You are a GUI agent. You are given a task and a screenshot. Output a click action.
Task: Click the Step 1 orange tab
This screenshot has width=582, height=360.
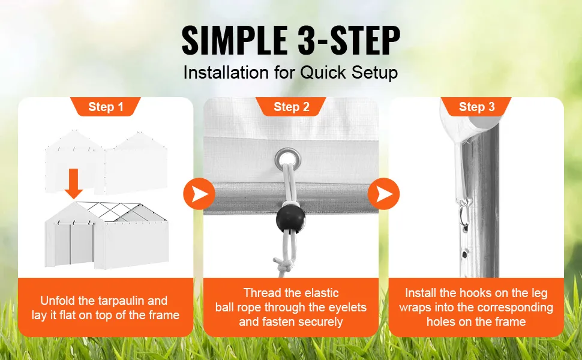(106, 107)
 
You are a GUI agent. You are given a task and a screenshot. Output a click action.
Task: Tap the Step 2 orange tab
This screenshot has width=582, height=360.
(292, 107)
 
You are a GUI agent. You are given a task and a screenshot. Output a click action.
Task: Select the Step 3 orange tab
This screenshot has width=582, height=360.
(476, 107)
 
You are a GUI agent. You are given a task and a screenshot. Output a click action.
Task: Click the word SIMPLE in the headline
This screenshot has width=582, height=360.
(235, 40)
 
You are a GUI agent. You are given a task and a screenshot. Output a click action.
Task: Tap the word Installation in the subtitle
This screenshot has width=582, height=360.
(226, 73)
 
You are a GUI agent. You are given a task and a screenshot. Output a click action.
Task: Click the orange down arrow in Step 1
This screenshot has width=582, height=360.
(73, 184)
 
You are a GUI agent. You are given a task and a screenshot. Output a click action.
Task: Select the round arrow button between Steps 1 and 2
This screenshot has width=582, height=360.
(199, 194)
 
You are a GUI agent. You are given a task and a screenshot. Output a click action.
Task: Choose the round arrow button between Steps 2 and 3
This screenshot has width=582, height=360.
(384, 194)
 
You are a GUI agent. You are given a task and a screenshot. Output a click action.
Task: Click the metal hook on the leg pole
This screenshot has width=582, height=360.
(464, 214)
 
